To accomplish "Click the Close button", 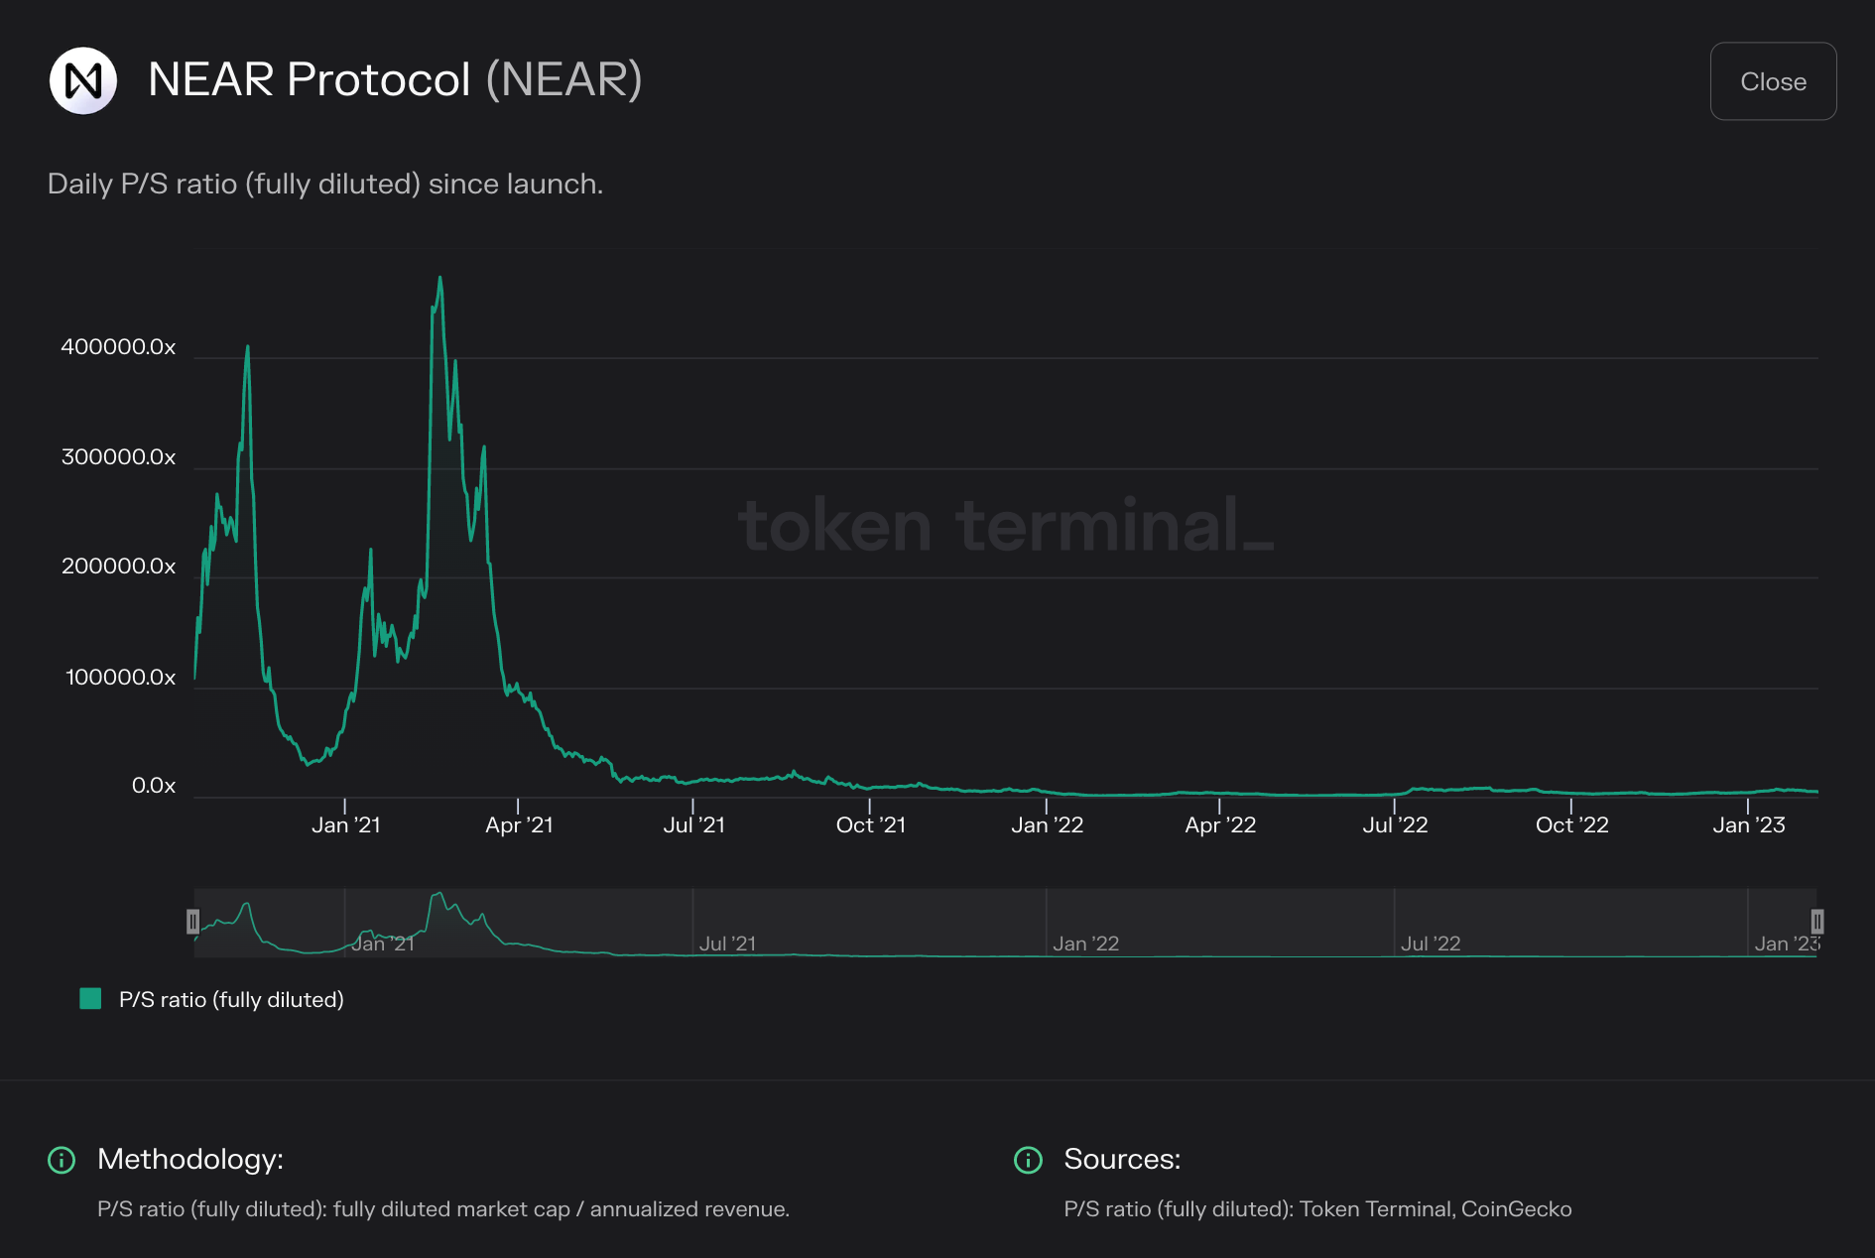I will (x=1773, y=81).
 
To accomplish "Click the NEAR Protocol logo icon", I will (x=83, y=80).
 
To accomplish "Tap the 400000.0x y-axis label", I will (x=118, y=347).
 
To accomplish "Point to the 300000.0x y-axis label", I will (x=118, y=457).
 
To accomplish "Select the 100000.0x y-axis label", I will (x=120, y=678).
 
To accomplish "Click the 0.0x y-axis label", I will (x=154, y=786).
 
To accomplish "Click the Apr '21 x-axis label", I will (x=519, y=825).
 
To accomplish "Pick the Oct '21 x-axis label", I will (x=870, y=825).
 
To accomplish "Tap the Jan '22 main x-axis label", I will (x=1047, y=825).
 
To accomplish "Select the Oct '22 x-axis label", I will (x=1571, y=825).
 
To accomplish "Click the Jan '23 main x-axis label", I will (x=1748, y=825).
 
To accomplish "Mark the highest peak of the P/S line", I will (x=440, y=279).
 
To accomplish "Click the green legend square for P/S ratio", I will (x=90, y=999).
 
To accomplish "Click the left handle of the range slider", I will (x=193, y=922).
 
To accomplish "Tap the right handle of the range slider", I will (x=1816, y=922).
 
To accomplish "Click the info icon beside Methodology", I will (x=62, y=1160).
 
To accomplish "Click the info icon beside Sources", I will (x=1028, y=1160).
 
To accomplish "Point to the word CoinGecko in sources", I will (x=1516, y=1209).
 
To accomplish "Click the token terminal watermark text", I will (x=1004, y=526).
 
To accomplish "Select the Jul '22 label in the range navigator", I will (x=1430, y=943).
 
